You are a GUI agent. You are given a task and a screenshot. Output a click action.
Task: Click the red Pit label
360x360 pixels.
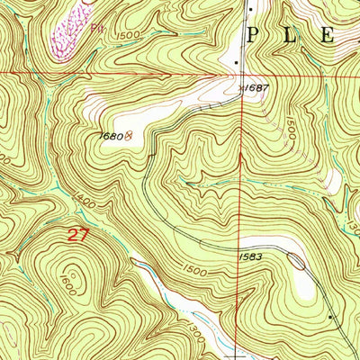pyautogui.click(x=98, y=29)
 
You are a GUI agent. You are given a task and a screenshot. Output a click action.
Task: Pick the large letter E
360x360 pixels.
pyautogui.click(x=327, y=38)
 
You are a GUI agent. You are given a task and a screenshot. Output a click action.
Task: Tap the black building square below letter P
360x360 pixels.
pyautogui.click(x=237, y=62)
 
